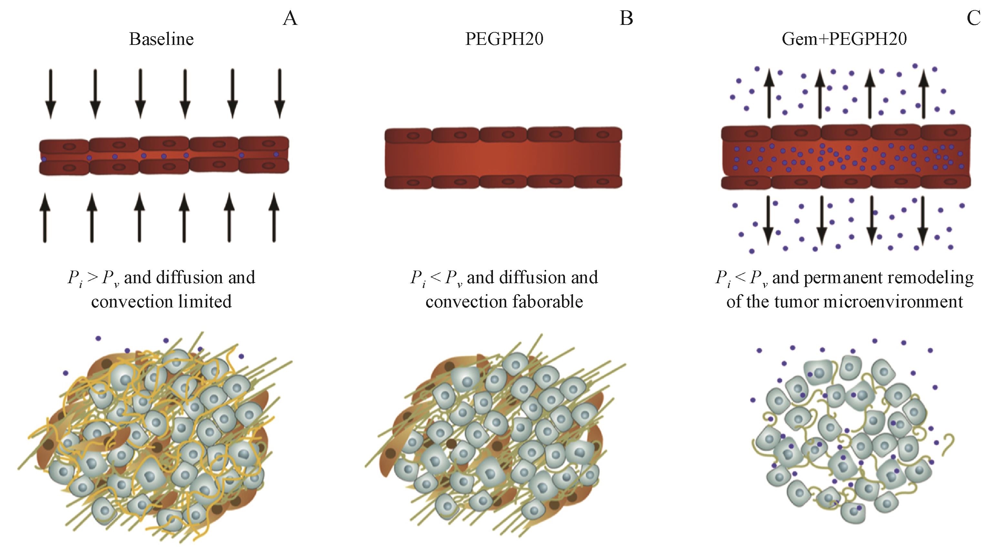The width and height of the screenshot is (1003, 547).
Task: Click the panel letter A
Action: point(290,18)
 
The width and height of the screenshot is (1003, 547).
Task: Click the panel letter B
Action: point(626,18)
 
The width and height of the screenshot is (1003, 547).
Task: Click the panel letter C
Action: point(973,18)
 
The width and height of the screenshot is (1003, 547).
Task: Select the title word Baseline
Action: point(161,39)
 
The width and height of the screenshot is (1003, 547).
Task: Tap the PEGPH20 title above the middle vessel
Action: point(504,39)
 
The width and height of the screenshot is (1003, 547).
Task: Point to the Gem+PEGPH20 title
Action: point(844,39)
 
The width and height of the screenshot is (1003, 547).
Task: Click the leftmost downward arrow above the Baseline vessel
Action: point(51,94)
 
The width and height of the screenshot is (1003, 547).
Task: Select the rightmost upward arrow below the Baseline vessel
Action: point(274,217)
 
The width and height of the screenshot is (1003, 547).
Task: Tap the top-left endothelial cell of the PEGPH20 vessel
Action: point(408,135)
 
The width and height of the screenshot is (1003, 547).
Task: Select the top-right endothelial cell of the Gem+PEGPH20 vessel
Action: point(945,133)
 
